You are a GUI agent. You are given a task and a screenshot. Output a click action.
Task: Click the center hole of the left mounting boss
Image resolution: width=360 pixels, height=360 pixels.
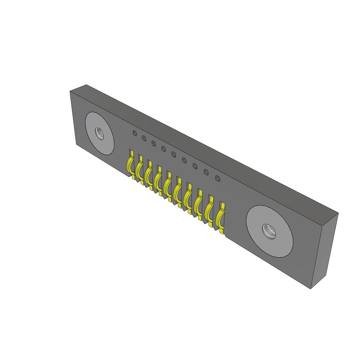pos(100,133)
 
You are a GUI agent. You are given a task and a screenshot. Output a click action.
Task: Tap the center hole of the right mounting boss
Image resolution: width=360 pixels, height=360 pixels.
pos(269,231)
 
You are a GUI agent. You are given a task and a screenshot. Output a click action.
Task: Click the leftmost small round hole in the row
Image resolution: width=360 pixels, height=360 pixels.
pos(134,133)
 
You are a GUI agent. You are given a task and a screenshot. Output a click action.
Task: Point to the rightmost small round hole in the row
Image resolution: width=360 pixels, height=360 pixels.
pos(218,179)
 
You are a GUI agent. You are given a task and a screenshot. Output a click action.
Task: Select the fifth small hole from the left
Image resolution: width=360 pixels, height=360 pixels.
pos(174,154)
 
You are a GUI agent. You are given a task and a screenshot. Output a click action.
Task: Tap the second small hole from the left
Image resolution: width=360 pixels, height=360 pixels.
pos(144,139)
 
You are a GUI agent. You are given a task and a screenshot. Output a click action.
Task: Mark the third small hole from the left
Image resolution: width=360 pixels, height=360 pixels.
pos(154,143)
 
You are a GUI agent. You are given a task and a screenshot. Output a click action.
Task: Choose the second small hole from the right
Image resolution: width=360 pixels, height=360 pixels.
pos(207,172)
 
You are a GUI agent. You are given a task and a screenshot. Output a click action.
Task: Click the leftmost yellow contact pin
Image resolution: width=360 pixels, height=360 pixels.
pos(130,165)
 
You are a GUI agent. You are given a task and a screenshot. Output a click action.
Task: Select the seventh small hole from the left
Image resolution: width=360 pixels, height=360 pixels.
pos(195,166)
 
